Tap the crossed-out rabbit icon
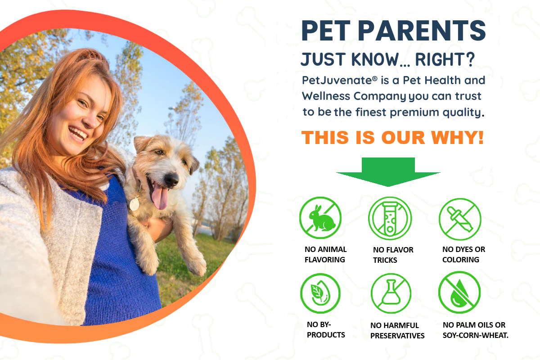click(320, 218)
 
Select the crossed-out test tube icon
click(390, 218)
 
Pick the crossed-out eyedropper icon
click(460, 219)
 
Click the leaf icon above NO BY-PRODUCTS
click(320, 293)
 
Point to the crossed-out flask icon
click(391, 293)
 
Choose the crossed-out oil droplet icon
click(459, 292)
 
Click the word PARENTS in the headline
click(422, 31)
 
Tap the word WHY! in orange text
click(457, 137)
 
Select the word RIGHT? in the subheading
click(445, 59)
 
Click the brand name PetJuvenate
click(337, 80)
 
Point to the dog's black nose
click(171, 180)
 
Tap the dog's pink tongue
click(160, 197)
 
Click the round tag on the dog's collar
click(135, 204)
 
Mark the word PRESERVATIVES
click(397, 336)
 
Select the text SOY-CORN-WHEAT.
click(475, 335)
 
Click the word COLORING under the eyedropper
click(461, 260)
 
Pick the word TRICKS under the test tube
click(385, 260)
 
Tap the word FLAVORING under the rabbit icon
click(325, 260)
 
